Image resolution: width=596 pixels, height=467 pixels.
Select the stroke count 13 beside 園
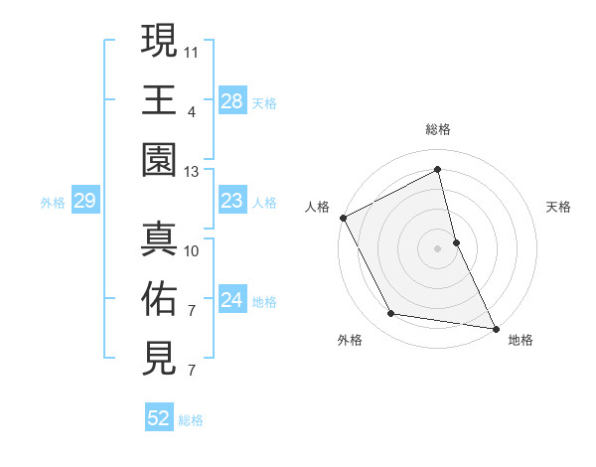pyautogui.click(x=192, y=172)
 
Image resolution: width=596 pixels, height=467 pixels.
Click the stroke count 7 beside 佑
pyautogui.click(x=192, y=310)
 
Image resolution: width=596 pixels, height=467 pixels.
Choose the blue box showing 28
pyautogui.click(x=231, y=101)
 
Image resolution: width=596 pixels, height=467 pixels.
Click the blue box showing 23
pyautogui.click(x=231, y=202)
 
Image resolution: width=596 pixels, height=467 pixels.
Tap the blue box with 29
pyautogui.click(x=84, y=202)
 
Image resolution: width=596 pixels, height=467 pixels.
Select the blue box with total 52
pyautogui.click(x=159, y=419)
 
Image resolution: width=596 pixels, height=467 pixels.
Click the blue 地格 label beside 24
pyautogui.click(x=265, y=302)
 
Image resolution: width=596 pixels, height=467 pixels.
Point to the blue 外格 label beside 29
pyautogui.click(x=53, y=203)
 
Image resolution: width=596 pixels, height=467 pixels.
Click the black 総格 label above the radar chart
pyautogui.click(x=437, y=129)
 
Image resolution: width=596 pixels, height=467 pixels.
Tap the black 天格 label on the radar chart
pyautogui.click(x=559, y=207)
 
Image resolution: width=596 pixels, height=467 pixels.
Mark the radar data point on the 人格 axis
pyautogui.click(x=343, y=218)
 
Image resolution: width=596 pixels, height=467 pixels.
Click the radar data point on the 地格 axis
pyautogui.click(x=495, y=327)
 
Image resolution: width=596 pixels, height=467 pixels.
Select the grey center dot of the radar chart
pyautogui.click(x=437, y=247)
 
